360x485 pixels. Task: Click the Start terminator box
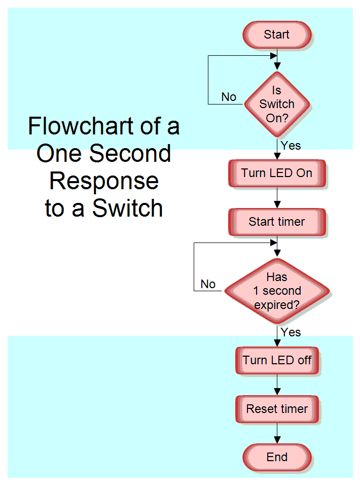(x=277, y=35)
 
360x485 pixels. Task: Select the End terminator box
(x=277, y=457)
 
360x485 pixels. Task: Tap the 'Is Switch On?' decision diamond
(x=277, y=104)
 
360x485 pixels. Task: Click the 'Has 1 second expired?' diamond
(x=277, y=291)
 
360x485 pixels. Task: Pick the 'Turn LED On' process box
(x=277, y=174)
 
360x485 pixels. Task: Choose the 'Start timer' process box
(x=277, y=222)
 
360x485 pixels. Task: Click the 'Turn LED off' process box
(x=277, y=361)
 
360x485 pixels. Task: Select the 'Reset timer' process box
(x=277, y=409)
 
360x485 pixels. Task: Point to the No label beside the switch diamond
(x=229, y=97)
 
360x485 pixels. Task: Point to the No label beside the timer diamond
(x=208, y=284)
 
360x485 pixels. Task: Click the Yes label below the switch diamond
(x=291, y=146)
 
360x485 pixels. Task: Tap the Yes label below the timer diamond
(x=291, y=332)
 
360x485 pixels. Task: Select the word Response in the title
(x=104, y=181)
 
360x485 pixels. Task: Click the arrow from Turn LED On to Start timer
(x=277, y=198)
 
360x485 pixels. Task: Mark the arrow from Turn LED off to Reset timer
(x=277, y=385)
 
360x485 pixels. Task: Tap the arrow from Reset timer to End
(x=277, y=433)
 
